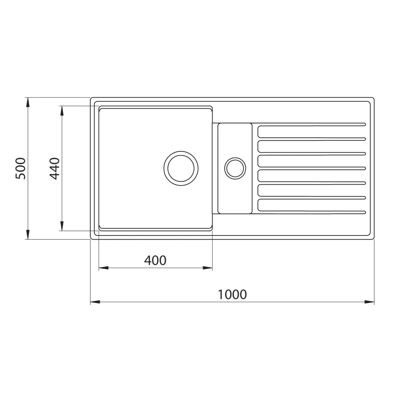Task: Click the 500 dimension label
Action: tap(21, 169)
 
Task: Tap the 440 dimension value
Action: tap(55, 169)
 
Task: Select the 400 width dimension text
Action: tap(155, 260)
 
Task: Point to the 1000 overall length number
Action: tap(232, 295)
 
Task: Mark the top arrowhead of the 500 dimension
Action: tap(28, 102)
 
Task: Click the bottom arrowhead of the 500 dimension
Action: tap(28, 235)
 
